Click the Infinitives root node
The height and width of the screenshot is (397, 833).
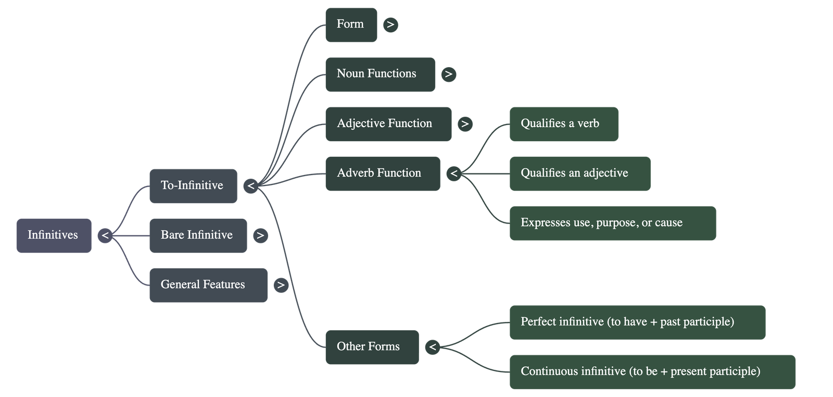[54, 235]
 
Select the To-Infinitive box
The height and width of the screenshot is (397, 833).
[193, 186]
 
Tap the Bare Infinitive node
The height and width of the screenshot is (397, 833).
[198, 235]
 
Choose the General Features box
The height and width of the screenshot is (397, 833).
[208, 285]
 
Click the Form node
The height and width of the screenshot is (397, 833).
[351, 24]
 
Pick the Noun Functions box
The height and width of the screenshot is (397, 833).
[380, 74]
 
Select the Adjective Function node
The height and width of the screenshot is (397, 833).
[388, 124]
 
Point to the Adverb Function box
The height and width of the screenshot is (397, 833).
[382, 173]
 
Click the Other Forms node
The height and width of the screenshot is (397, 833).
[372, 347]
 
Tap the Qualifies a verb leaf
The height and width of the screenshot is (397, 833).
[563, 124]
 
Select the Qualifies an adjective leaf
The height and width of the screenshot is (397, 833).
[579, 173]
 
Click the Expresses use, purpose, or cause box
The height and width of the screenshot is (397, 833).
[612, 223]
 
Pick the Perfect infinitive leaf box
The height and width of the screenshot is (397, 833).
[637, 322]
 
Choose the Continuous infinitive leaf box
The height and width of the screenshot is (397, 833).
[652, 371]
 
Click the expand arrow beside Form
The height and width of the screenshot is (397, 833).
[390, 24]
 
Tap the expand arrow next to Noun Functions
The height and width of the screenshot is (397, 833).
[448, 74]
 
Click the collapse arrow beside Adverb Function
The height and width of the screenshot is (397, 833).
[453, 173]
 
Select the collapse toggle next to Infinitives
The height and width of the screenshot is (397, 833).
[105, 235]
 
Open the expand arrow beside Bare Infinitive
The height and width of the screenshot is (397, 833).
[260, 235]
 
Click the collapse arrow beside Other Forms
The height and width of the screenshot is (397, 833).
[432, 347]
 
